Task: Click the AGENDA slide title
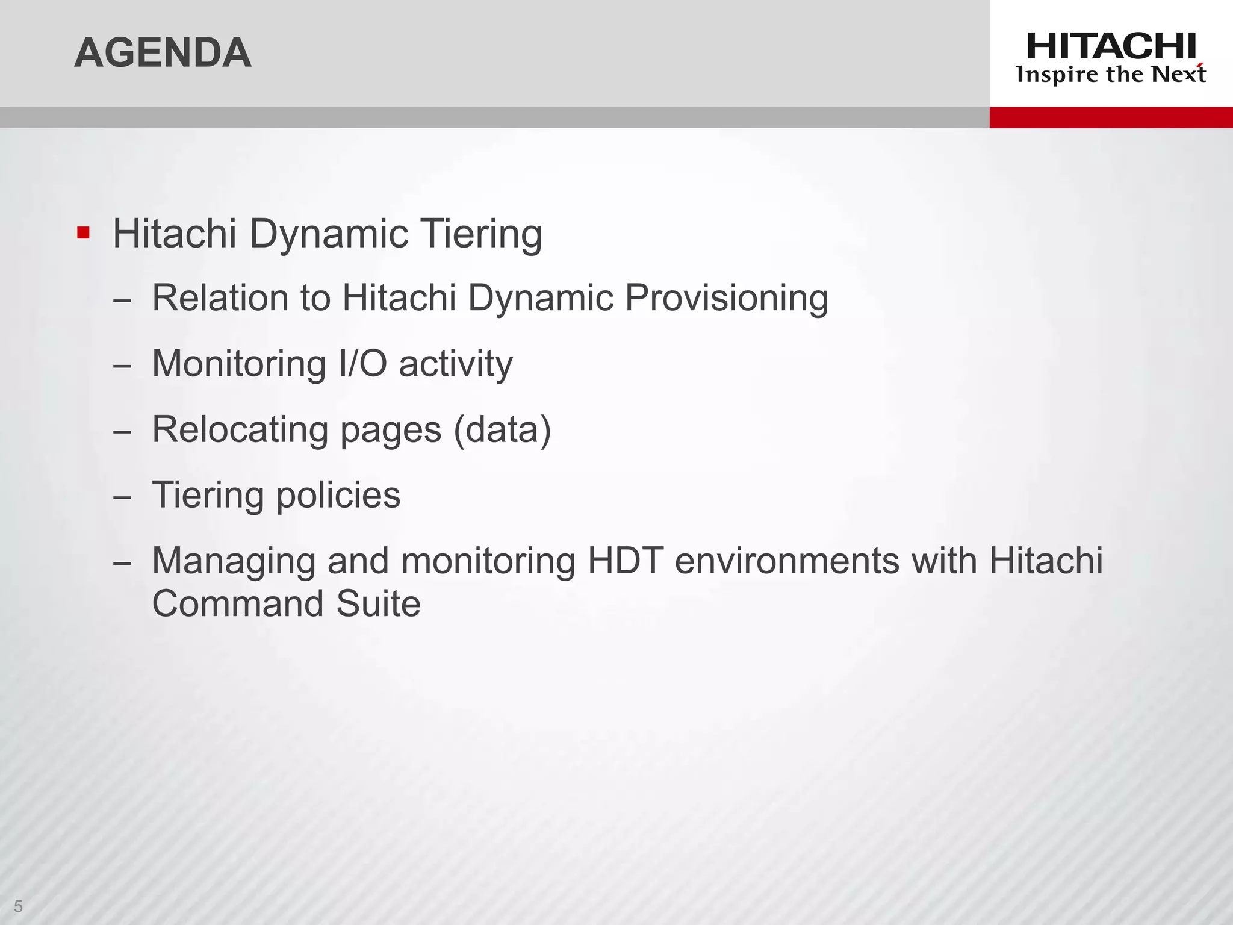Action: (x=163, y=53)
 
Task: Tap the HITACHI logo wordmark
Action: (x=1111, y=46)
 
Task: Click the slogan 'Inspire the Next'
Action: (x=1111, y=75)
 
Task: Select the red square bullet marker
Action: (x=83, y=232)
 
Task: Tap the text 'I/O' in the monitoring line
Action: (x=362, y=363)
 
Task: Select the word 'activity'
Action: (x=456, y=364)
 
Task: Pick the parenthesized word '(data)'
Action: (x=502, y=430)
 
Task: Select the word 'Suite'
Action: (x=378, y=603)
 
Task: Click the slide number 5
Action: (x=18, y=906)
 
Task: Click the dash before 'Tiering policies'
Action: (x=122, y=498)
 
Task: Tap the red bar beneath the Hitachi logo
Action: (x=1111, y=117)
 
